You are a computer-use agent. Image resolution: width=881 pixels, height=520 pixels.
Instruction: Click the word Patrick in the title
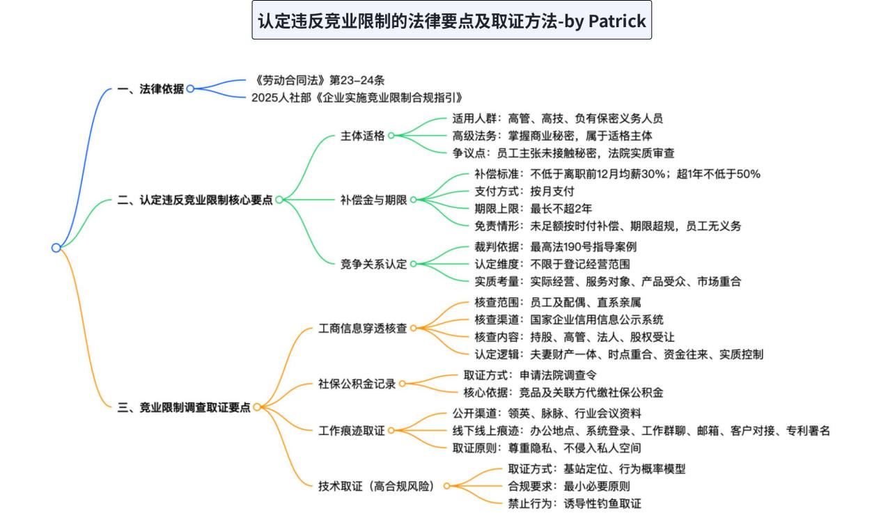[x=617, y=21]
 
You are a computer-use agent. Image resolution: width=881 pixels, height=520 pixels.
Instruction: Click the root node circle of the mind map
[x=56, y=248]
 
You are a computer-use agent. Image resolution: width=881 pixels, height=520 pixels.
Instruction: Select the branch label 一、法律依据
[x=150, y=89]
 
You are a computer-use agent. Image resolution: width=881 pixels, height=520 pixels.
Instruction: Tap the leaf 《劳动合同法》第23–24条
[x=318, y=80]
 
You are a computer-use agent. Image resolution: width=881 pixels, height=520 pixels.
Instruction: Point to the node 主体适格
[x=362, y=136]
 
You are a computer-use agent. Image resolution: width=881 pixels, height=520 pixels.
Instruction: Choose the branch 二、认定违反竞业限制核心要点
[x=195, y=200]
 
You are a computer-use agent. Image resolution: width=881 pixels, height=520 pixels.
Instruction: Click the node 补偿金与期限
[x=373, y=200]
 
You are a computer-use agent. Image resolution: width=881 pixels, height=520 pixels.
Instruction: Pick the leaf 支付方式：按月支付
[x=524, y=191]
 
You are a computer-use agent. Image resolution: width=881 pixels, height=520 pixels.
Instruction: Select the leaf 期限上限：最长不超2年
[x=533, y=208]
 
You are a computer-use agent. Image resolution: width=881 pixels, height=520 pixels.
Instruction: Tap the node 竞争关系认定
[x=373, y=264]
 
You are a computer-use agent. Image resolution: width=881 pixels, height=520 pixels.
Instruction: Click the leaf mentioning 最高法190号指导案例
[x=555, y=246]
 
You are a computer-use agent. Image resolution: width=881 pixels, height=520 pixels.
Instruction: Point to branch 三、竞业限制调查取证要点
[x=184, y=407]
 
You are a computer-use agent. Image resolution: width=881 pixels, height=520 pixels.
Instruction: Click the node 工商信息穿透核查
[x=362, y=328]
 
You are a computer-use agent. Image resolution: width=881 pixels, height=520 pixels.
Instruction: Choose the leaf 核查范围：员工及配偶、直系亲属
[x=558, y=302]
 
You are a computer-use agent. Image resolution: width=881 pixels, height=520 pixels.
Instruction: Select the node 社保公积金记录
[x=357, y=384]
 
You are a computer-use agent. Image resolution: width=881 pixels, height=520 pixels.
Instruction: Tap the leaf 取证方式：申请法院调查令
[x=530, y=375]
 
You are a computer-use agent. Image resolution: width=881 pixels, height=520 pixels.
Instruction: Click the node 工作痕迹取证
[x=351, y=431]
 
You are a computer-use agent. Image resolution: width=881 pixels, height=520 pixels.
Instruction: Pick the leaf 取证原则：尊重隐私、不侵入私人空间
[x=547, y=448]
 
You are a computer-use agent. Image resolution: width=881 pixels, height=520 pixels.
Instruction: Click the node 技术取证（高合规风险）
[x=376, y=486]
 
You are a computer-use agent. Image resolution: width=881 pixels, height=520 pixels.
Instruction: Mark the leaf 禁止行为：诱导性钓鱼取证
[x=575, y=503]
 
